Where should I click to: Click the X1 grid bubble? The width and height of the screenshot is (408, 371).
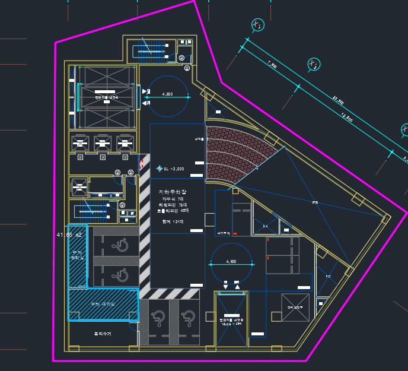257,25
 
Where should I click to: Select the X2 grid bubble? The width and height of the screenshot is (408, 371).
314,65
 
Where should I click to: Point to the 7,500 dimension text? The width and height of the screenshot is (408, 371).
272,65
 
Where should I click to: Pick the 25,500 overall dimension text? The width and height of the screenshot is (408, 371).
337,101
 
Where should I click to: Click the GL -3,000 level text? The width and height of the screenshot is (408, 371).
174,169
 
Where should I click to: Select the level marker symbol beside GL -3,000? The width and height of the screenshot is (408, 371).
159,169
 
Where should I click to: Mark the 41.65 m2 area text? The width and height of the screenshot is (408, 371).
69,235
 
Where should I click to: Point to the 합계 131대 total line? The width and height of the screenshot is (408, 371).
173,221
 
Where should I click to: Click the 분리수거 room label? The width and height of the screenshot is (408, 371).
102,334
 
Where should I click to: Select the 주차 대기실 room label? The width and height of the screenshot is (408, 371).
101,303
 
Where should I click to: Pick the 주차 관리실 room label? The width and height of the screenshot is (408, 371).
78,255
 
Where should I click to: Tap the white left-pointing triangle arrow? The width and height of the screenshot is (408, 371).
145,103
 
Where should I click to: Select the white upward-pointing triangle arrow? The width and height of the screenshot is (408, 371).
238,287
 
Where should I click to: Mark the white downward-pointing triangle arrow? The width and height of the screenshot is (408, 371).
225,287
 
